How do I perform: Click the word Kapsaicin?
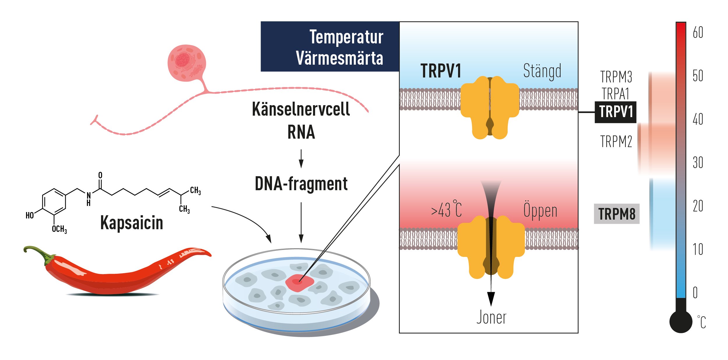pyautogui.click(x=131, y=223)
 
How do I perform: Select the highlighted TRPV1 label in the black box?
pyautogui.click(x=615, y=112)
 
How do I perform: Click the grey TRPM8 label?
pyautogui.click(x=616, y=214)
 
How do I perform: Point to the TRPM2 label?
pyautogui.click(x=616, y=142)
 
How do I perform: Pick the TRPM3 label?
pyautogui.click(x=616, y=77)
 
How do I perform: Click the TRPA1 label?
pyautogui.click(x=616, y=94)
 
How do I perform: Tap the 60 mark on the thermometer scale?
pyautogui.click(x=698, y=32)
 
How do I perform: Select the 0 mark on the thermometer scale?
pyautogui.click(x=695, y=293)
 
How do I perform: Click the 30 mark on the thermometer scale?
pyautogui.click(x=698, y=163)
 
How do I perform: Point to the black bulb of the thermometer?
pyautogui.click(x=681, y=322)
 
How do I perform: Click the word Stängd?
pyautogui.click(x=542, y=71)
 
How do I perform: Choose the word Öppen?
pyautogui.click(x=540, y=210)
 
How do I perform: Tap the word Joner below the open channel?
pyautogui.click(x=491, y=317)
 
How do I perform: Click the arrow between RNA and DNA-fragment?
pyautogui.click(x=301, y=159)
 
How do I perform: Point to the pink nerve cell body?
pyautogui.click(x=187, y=63)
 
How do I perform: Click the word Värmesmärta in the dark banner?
pyautogui.click(x=339, y=58)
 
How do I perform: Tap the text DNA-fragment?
pyautogui.click(x=301, y=184)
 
